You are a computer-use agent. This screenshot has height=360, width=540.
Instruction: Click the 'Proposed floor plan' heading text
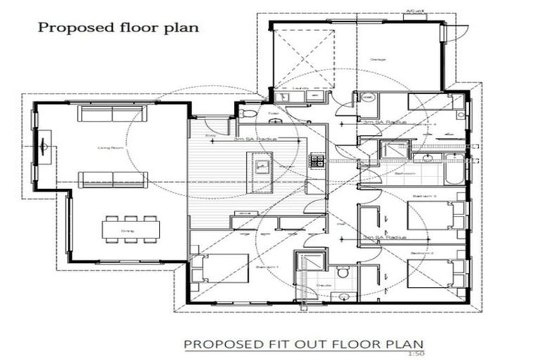pyautogui.click(x=117, y=27)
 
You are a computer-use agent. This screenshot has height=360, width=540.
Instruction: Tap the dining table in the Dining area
pyautogui.click(x=131, y=229)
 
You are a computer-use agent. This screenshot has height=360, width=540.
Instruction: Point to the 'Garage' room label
pyautogui.click(x=378, y=60)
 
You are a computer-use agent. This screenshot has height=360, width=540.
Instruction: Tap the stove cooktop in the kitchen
pyautogui.click(x=317, y=161)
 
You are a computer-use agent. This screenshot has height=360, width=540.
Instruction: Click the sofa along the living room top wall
pyautogui.click(x=112, y=113)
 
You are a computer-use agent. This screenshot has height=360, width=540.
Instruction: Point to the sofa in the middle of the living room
pyautogui.click(x=112, y=179)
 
